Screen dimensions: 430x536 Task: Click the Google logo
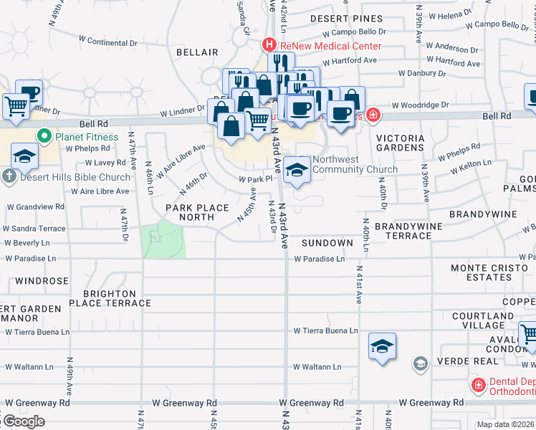click(24, 421)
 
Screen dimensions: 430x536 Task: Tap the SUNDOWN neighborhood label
click(327, 243)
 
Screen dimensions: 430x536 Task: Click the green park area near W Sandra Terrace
click(163, 239)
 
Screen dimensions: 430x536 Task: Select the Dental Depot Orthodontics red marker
click(478, 386)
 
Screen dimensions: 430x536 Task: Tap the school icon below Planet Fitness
click(24, 157)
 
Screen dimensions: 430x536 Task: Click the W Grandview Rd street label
click(35, 206)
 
